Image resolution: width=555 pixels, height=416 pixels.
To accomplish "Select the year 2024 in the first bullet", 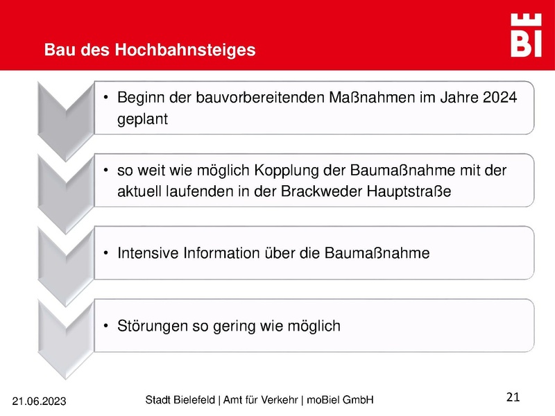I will (499, 98).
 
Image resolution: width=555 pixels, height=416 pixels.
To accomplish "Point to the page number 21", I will (513, 397).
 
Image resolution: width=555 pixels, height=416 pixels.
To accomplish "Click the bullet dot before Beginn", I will (105, 98).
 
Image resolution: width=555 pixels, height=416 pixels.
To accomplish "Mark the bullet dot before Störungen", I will (105, 325).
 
